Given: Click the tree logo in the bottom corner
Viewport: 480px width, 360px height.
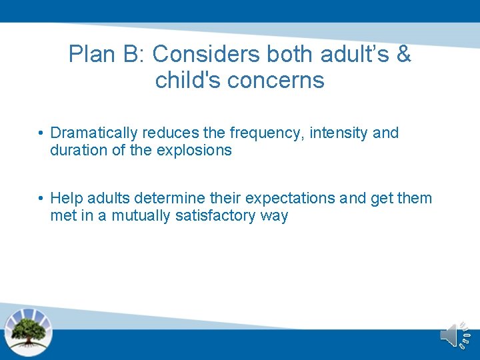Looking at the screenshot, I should pyautogui.click(x=28, y=332).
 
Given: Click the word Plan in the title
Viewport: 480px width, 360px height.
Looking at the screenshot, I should pyautogui.click(x=91, y=55).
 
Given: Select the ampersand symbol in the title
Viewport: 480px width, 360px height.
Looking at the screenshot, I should pyautogui.click(x=403, y=55).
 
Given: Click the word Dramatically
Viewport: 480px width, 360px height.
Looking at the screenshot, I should pyautogui.click(x=94, y=133).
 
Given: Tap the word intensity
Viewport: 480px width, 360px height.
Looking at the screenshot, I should pyautogui.click(x=339, y=133).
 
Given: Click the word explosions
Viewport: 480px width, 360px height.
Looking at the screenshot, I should pyautogui.click(x=194, y=150).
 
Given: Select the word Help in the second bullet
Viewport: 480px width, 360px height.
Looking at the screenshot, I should pyautogui.click(x=64, y=199).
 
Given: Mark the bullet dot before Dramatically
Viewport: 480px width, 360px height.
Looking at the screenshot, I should pyautogui.click(x=41, y=133).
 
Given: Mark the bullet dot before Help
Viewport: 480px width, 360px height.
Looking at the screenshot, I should pyautogui.click(x=41, y=199).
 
